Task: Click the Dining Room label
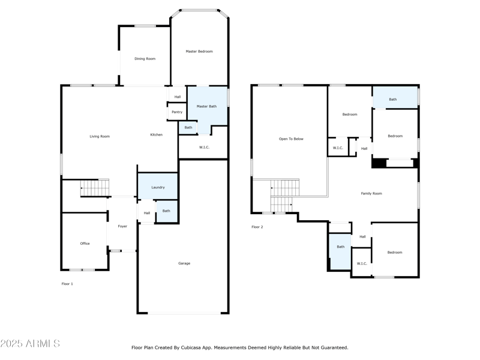145,59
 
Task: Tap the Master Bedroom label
199,52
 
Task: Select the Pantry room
176,112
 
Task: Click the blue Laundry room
158,187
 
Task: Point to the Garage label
184,263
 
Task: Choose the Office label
85,244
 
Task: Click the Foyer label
122,226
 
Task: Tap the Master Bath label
206,106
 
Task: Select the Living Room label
100,136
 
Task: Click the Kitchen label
156,135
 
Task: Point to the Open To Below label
291,139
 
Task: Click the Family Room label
371,194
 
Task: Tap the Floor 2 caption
257,227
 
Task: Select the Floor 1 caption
67,284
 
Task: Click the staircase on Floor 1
95,188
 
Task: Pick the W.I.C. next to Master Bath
203,146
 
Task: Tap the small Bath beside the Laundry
166,211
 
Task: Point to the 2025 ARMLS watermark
30,344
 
